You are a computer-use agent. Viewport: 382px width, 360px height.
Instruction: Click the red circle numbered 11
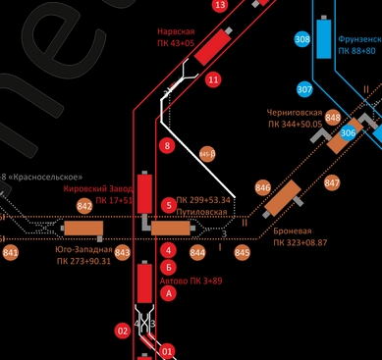213,79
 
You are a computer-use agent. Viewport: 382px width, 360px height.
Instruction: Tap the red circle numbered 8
167,146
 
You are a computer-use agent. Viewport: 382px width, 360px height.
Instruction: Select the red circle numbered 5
169,204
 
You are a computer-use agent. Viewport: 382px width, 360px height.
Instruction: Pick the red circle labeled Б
169,266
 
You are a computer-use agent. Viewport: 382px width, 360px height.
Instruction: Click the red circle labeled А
169,292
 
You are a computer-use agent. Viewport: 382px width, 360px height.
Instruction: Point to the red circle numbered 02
123,332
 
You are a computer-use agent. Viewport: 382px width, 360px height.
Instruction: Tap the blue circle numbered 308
302,39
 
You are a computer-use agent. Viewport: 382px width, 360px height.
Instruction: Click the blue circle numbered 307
304,89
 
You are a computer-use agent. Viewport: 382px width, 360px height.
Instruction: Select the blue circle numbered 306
349,132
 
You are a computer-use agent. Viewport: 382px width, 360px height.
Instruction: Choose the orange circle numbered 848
333,118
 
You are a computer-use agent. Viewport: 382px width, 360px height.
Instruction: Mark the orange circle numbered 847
332,182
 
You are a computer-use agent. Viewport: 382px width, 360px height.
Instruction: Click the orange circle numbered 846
262,187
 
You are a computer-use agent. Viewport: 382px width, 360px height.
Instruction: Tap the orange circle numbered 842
84,206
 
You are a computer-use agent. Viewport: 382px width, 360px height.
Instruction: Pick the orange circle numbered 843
123,253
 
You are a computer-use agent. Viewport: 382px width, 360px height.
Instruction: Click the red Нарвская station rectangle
211,47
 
